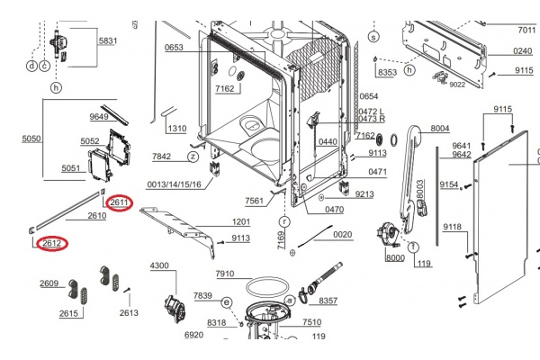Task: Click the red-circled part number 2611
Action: pos(120,203)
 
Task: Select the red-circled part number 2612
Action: pos(51,243)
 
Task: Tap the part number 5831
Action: pos(108,41)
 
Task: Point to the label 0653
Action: pos(174,47)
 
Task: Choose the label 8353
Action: pos(388,72)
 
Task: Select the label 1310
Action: pos(177,129)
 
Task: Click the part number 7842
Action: pos(161,157)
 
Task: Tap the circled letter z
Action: pos(192,157)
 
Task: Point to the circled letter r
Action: pos(283,220)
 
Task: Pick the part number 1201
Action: pos(241,221)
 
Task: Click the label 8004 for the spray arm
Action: pos(440,129)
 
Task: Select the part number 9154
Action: pos(449,184)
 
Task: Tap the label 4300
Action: pos(158,265)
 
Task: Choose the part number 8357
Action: pos(328,301)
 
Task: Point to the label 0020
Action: pos(343,234)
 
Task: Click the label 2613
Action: pos(129,312)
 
